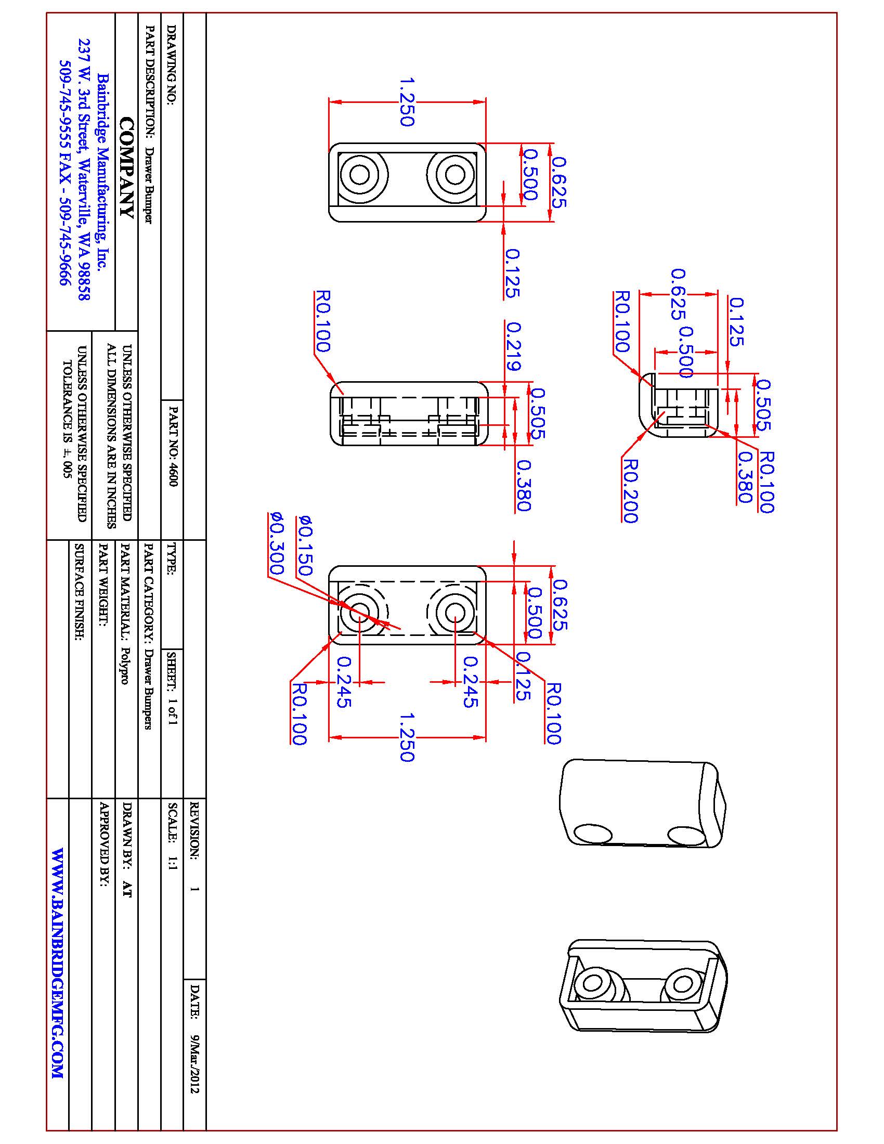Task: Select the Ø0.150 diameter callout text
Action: point(305,545)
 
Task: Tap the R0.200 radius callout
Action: point(630,491)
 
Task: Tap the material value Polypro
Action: point(126,665)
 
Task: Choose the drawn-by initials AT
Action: point(126,889)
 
